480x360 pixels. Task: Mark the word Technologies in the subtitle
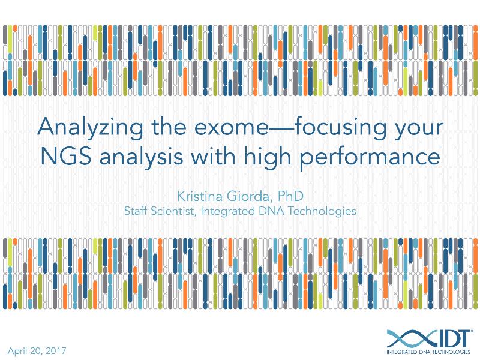325,211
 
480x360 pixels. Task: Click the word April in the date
18,350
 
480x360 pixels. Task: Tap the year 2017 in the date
55,350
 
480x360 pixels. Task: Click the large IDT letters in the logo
449,336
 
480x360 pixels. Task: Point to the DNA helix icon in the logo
406,337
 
